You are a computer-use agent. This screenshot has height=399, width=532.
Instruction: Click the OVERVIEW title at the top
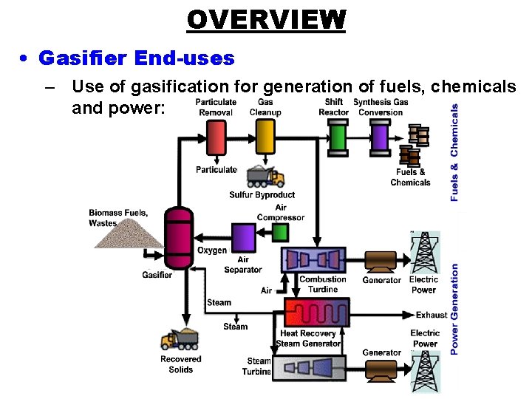(x=266, y=19)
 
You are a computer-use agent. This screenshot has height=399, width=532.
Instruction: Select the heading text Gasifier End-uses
(x=136, y=58)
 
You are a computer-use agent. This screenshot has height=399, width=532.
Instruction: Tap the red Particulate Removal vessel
(x=216, y=137)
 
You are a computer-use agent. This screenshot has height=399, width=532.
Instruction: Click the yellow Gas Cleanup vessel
(x=265, y=137)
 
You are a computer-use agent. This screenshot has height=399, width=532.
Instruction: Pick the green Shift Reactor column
(x=337, y=137)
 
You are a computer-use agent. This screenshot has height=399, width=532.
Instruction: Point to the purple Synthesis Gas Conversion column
(x=380, y=137)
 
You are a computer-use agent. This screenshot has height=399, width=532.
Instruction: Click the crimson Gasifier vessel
(x=177, y=236)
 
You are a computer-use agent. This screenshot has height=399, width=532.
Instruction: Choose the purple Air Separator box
(x=243, y=239)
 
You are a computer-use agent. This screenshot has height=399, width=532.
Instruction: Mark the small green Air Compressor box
(x=280, y=233)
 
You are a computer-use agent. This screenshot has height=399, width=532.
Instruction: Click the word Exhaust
(x=431, y=315)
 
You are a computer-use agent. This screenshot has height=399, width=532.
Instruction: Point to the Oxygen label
(x=212, y=251)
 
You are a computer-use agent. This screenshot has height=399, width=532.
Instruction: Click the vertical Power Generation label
(x=454, y=308)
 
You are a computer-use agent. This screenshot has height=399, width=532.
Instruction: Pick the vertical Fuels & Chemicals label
(x=454, y=151)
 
